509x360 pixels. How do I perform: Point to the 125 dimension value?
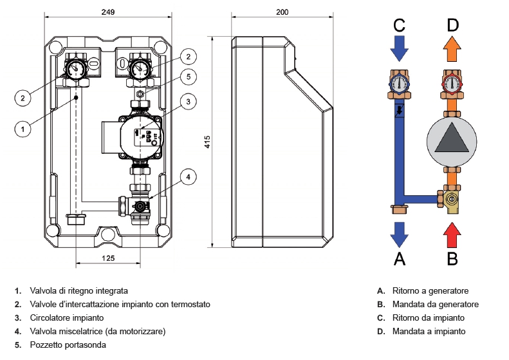pos(109,258)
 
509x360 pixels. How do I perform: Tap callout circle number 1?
pos(23,129)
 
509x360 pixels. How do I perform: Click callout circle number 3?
pos(187,101)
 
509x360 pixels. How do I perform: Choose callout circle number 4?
pos(187,176)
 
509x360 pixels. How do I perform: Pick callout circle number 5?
pos(187,77)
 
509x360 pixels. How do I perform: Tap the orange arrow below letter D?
pos(452,47)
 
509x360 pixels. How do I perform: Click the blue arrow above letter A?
pos(399,234)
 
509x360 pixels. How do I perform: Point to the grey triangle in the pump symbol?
pos(452,137)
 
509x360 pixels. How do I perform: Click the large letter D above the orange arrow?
pos(452,24)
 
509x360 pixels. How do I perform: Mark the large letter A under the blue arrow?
pos(399,258)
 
